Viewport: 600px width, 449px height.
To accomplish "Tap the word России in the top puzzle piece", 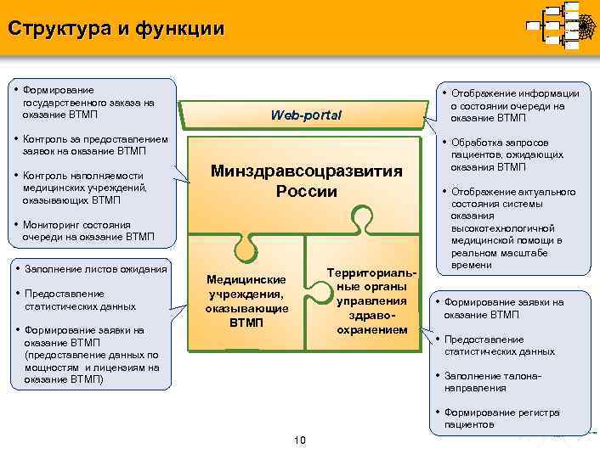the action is click(306, 191).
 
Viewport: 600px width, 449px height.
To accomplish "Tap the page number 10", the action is click(299, 439).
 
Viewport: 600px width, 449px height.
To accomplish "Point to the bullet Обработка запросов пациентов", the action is click(507, 154).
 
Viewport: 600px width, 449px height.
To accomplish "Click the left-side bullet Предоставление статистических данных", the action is click(76, 300).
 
